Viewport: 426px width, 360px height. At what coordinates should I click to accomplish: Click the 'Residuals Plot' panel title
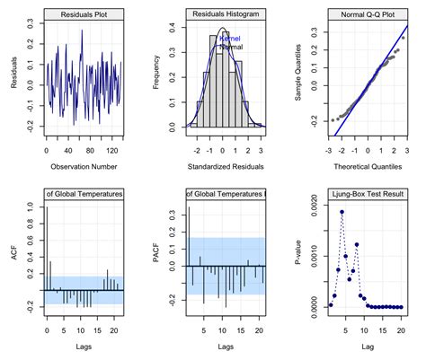click(84, 15)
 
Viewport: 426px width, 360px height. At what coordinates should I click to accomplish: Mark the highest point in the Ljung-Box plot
click(342, 212)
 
